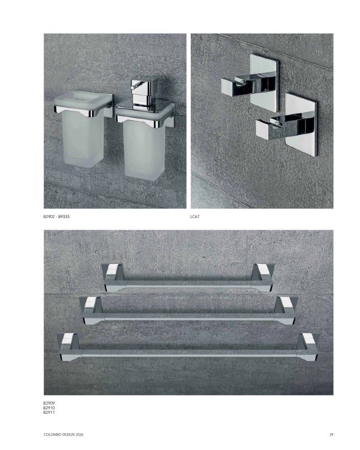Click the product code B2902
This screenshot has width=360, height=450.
(x=49, y=217)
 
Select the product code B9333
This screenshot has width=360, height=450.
(x=64, y=217)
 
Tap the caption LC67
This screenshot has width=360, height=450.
(x=195, y=217)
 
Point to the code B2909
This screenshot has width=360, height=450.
(x=49, y=403)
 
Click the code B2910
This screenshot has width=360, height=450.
(x=49, y=408)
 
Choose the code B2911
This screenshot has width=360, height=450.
(x=49, y=412)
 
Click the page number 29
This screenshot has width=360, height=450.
(x=332, y=435)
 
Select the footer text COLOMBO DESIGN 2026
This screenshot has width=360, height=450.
(x=64, y=435)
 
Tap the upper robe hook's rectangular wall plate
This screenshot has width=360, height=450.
(x=265, y=83)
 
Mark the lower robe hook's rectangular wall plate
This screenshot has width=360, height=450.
(x=302, y=124)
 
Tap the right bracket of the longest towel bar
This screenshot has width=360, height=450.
(x=308, y=347)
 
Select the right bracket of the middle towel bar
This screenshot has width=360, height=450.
(x=286, y=311)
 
